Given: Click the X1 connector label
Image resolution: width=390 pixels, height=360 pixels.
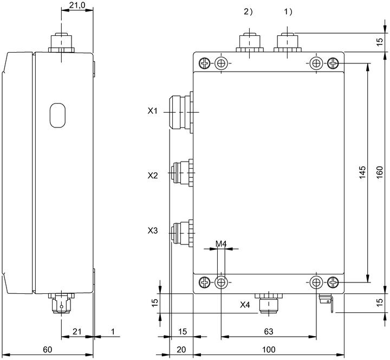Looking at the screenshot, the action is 152,111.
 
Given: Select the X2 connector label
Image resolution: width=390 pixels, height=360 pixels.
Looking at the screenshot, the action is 153,176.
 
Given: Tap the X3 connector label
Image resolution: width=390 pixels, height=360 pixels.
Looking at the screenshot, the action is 153,231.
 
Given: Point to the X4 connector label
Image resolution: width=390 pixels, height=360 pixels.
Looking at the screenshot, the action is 245,305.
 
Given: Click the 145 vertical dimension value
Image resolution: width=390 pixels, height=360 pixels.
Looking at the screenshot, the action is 362,172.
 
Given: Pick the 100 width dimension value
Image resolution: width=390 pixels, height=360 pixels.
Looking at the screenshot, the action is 269,350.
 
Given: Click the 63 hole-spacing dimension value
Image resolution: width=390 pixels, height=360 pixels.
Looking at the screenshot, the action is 269,331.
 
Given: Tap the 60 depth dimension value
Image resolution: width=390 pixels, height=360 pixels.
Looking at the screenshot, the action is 48,350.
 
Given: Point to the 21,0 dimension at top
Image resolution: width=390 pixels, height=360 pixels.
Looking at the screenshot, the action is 77,5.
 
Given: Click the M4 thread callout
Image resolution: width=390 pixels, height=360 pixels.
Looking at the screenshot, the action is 221,244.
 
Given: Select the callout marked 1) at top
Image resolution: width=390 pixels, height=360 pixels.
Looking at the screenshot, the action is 288,11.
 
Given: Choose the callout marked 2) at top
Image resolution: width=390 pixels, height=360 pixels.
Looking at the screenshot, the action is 248,11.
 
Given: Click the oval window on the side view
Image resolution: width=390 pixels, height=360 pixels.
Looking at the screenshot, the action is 57,115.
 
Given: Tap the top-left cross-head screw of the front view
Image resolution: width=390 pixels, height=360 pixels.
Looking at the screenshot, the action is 205,63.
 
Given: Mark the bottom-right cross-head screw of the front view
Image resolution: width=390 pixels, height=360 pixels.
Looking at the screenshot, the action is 333,282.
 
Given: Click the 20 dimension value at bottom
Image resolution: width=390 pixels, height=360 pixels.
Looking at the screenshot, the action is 181,350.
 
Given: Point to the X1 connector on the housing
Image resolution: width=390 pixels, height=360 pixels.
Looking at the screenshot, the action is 181,112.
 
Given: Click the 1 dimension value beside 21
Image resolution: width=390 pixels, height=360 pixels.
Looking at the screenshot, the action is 113,331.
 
